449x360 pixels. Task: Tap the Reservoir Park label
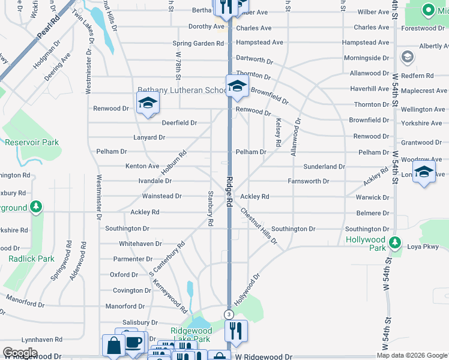[x=32, y=143]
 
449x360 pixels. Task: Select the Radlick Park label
[x=31, y=259]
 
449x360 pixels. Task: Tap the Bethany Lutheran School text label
[x=180, y=91]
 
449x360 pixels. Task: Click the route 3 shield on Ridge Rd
[x=228, y=314]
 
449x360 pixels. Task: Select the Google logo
[x=20, y=353]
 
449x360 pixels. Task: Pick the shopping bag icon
[x=113, y=346]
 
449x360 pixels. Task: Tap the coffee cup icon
[x=133, y=343]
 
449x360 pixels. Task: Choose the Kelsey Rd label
[x=278, y=132]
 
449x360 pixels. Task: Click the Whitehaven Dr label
[x=140, y=244]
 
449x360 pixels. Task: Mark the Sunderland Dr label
[x=324, y=166]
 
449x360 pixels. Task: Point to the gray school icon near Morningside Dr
[x=408, y=57]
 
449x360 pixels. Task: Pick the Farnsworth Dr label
[x=309, y=181]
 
